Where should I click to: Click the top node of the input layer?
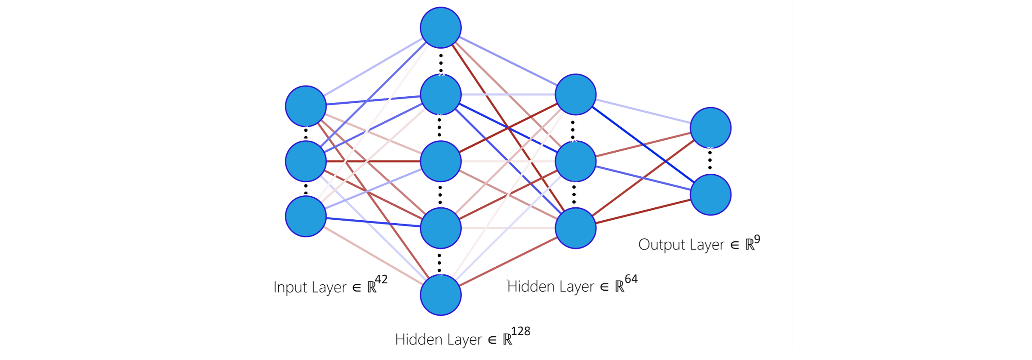coord(306,106)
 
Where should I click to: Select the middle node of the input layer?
coord(306,161)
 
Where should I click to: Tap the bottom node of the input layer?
coord(306,216)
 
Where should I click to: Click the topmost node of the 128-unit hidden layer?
coord(441,28)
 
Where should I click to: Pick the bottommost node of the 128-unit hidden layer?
coord(441,295)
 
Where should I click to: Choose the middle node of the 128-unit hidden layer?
coord(441,161)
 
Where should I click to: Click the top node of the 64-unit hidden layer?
coord(576,95)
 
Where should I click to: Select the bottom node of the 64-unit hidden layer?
coord(576,228)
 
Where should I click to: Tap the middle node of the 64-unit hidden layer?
coord(576,161)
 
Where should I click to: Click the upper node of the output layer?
coord(711,128)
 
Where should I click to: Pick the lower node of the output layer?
coord(711,195)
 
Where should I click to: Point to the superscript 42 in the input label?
coord(381,280)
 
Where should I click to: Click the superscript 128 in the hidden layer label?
coord(520,331)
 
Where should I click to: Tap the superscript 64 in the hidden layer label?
coord(631,279)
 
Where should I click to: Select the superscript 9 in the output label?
coord(757,240)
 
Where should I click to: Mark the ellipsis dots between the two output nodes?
coord(710,160)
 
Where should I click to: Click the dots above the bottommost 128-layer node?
coord(439,262)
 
